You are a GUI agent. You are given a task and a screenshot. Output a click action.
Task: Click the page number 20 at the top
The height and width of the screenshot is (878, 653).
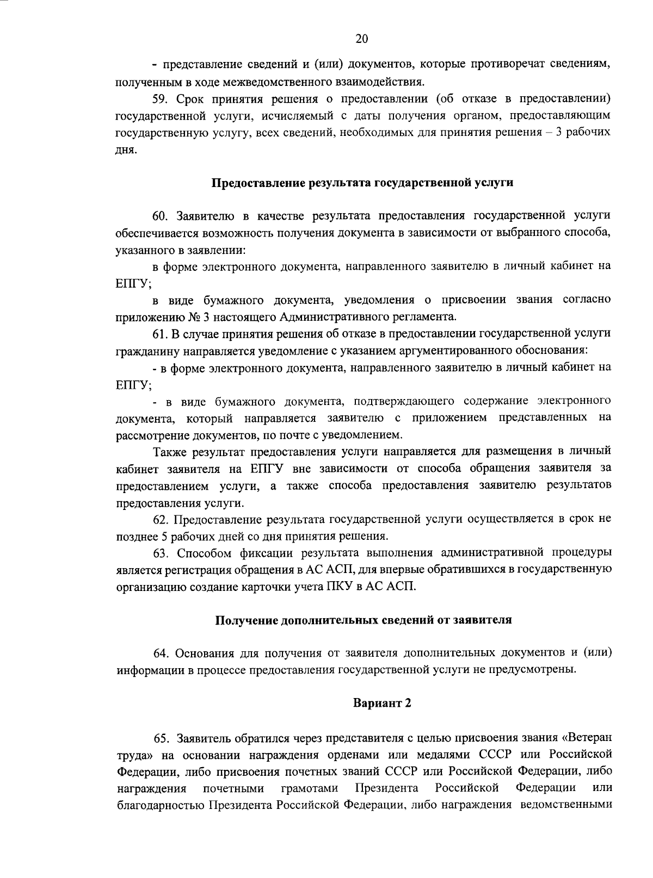(x=362, y=39)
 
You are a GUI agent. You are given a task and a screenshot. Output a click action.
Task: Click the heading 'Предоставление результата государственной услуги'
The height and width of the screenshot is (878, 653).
(x=362, y=183)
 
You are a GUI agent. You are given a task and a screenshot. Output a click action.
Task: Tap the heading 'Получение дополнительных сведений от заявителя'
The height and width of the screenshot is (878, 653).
(x=364, y=620)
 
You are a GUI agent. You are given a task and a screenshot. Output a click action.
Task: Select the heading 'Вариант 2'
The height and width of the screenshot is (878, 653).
(x=381, y=703)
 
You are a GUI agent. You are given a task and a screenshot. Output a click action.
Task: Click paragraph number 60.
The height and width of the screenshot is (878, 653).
(x=162, y=216)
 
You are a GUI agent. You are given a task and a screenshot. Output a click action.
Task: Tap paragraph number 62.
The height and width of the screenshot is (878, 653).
(x=162, y=519)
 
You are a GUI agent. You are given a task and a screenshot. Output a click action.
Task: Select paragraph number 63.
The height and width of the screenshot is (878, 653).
(x=162, y=553)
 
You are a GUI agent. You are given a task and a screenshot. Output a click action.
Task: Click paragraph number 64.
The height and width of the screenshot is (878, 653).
(x=162, y=653)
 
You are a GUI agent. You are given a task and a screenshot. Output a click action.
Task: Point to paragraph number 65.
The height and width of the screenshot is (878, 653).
(x=163, y=738)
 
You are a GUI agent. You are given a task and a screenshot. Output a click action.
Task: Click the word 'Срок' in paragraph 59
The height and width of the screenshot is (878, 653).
(x=190, y=99)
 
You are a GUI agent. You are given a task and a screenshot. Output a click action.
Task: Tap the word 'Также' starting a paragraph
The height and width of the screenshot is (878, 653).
(x=170, y=452)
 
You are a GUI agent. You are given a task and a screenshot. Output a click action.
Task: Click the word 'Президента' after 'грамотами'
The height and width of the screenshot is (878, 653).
(x=386, y=788)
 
